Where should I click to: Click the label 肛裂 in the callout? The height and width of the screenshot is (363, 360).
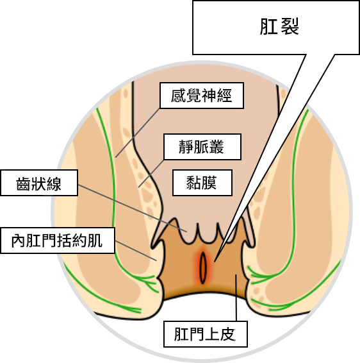coord(279,26)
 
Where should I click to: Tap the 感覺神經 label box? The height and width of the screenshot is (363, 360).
coord(202,96)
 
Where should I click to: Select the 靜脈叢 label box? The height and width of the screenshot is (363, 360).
coord(202,147)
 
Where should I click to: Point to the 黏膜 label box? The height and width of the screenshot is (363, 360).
coord(202,183)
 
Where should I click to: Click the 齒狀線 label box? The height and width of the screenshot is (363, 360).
coord(39,183)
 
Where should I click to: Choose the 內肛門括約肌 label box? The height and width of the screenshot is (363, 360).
coord(58,241)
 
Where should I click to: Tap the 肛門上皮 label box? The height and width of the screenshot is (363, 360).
coord(206,334)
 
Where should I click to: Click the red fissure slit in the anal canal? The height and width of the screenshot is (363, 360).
coord(203,267)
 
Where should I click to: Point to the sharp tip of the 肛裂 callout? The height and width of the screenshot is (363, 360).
coord(215,262)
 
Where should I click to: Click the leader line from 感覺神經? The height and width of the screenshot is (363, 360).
coord(138,133)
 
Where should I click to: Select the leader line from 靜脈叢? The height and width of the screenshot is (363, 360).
coord(151,173)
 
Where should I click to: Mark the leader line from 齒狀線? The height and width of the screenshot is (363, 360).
coord(132,208)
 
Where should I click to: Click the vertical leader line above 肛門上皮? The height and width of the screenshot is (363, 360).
coord(236,298)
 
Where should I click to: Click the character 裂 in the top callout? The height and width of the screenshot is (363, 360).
coord(290,26)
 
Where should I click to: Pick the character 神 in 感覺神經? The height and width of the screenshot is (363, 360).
coord(209,96)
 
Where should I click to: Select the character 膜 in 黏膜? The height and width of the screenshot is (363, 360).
coord(209,183)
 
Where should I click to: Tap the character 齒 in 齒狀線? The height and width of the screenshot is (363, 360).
coord(24,184)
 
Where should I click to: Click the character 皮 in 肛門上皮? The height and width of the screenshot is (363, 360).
coord(228,334)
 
